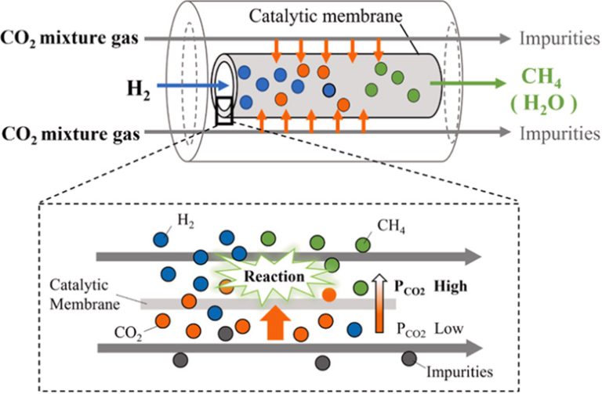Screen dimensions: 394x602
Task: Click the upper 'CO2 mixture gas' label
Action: coord(70,38)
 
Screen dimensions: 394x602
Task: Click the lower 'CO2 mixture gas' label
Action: coord(70,133)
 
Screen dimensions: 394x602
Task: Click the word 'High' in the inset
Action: coord(451,287)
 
